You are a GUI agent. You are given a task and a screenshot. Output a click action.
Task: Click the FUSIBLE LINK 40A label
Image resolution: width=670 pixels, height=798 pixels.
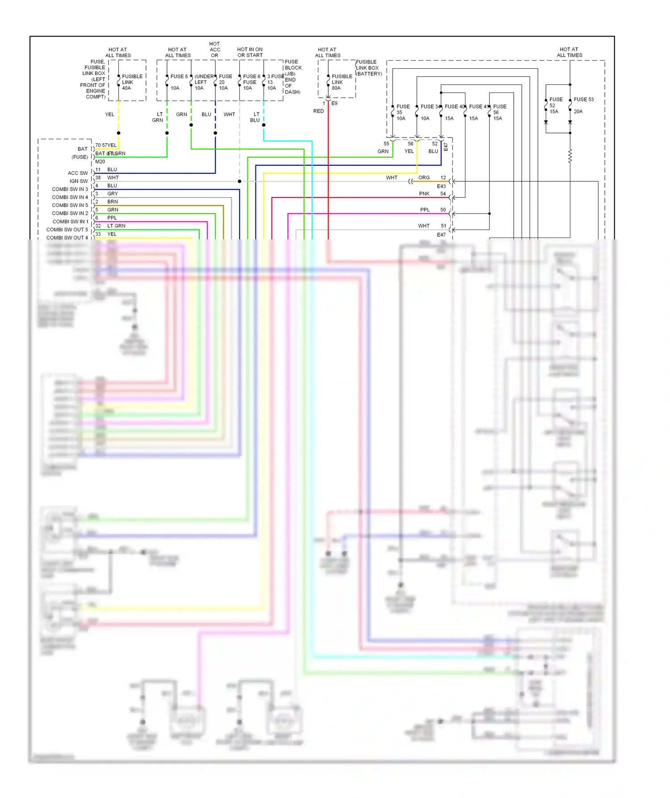point(132,82)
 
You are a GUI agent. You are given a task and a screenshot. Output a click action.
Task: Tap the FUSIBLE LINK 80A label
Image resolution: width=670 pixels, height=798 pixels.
point(341,82)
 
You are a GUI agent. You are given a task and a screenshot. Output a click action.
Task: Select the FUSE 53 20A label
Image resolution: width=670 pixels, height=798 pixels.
point(583,105)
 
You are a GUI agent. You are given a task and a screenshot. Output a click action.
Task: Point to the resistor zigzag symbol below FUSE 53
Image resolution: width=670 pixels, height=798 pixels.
point(570,156)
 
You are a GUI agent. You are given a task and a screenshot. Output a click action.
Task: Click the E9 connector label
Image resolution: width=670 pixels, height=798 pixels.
point(335,103)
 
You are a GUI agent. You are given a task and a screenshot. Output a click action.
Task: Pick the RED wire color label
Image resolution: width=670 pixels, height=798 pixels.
point(318,111)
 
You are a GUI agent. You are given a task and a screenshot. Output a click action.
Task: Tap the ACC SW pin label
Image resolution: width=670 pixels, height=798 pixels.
point(78,173)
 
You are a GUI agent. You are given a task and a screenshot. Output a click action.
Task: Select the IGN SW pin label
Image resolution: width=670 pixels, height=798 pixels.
point(79,181)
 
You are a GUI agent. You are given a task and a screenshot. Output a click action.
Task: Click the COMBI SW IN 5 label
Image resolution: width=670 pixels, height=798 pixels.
point(70,205)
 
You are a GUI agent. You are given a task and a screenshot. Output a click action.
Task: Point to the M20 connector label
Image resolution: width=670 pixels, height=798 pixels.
point(100,162)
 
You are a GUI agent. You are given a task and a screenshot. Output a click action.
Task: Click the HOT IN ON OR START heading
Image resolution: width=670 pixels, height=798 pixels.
point(250,52)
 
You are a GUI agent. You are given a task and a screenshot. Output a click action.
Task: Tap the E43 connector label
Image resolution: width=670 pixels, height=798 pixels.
point(441,187)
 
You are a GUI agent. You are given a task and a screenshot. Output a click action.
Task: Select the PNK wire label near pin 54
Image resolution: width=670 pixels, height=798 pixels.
point(424,194)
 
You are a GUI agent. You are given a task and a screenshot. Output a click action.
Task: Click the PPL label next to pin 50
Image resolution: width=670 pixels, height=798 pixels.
point(425,210)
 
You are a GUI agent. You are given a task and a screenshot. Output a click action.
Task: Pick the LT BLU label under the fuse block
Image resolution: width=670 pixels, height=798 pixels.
point(255,117)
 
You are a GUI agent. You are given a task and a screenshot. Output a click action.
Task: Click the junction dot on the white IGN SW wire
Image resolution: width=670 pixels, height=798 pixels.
point(239,181)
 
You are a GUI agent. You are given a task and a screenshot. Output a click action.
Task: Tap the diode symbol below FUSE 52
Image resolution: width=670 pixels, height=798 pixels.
point(546,122)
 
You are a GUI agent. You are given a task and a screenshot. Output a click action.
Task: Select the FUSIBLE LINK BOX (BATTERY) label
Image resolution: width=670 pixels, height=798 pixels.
point(368,68)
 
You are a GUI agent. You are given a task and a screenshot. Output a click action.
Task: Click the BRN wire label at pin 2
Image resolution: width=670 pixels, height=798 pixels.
point(113,202)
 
